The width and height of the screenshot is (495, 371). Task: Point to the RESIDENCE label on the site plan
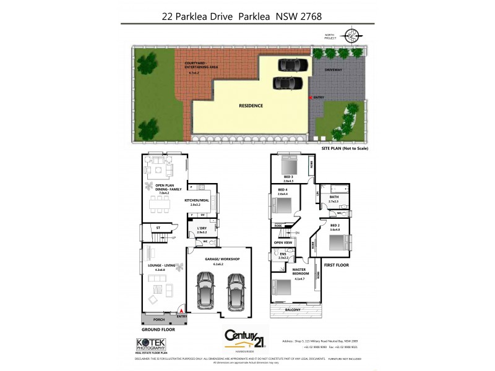251,106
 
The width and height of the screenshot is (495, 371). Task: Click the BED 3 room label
288,177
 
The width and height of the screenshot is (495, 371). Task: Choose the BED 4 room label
283,190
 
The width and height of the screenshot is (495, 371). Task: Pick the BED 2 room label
335,226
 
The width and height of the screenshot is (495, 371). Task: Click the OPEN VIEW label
283,242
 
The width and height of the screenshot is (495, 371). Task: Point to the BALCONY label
293,309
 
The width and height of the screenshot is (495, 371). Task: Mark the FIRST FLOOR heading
337,265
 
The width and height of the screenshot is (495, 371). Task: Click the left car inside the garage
205,291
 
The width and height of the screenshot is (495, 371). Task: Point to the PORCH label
158,320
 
